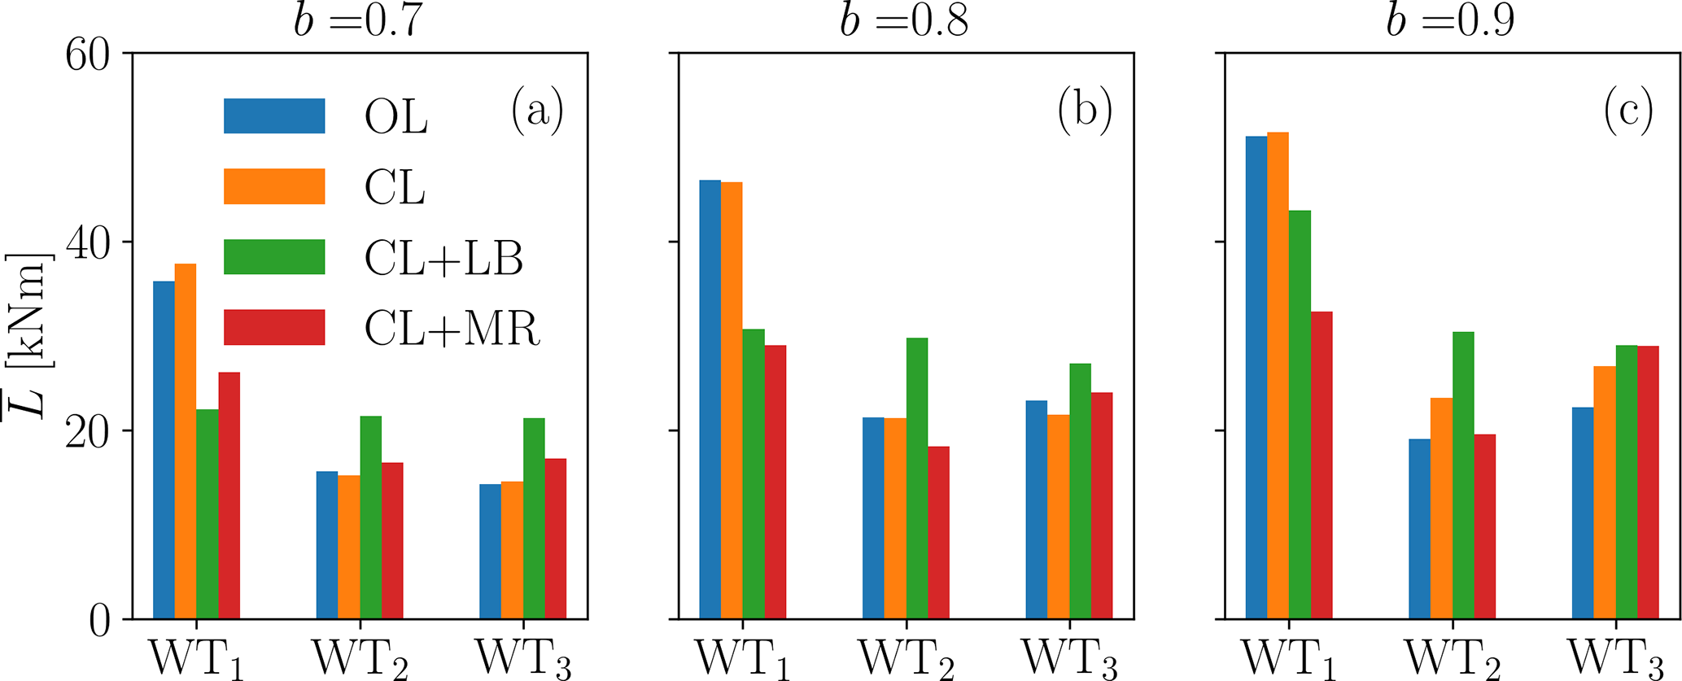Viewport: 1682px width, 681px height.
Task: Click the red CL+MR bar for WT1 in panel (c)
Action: (1322, 465)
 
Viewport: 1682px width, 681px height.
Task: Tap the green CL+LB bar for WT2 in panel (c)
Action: (1463, 475)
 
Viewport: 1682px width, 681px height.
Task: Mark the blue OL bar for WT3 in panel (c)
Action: (1583, 513)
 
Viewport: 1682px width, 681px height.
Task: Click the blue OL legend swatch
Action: (274, 116)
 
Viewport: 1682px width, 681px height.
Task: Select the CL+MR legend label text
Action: (452, 330)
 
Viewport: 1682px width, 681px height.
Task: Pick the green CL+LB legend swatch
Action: (274, 257)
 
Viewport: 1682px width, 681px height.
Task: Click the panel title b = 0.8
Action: (904, 22)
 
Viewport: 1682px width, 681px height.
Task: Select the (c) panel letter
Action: (1628, 113)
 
